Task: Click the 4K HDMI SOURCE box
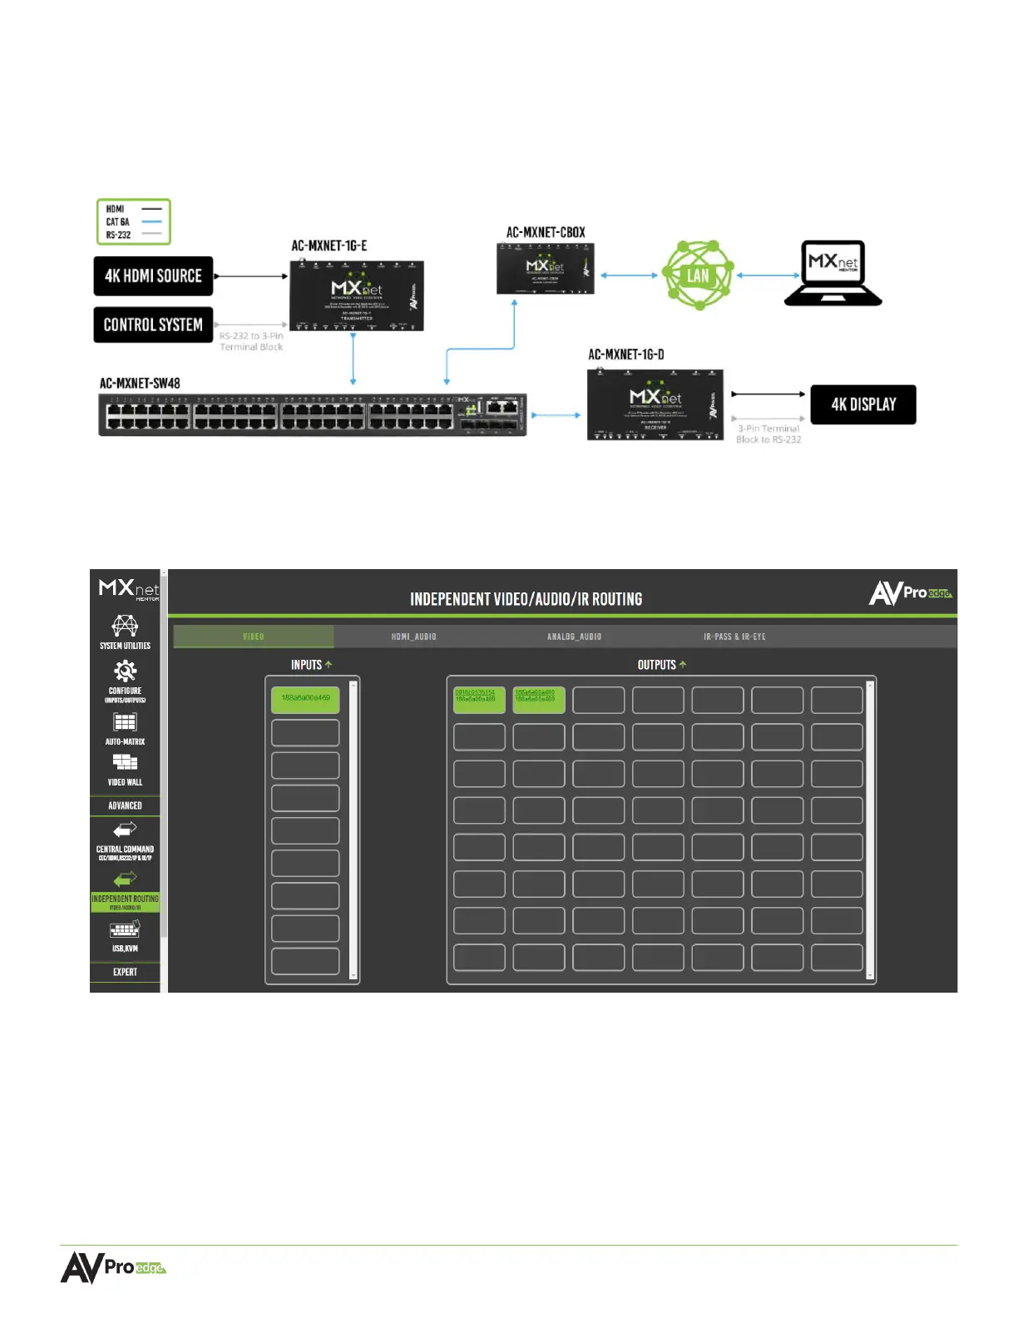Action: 153,276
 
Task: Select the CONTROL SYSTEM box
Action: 153,325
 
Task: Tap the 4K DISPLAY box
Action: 863,404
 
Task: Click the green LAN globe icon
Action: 697,275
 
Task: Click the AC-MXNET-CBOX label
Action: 546,232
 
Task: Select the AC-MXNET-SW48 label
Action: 140,384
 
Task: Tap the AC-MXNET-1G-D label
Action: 626,354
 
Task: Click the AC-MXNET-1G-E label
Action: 329,245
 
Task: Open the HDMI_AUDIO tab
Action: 413,637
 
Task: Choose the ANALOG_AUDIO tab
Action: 574,637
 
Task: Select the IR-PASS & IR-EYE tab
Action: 734,637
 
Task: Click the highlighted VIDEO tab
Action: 254,637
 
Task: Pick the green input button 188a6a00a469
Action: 305,699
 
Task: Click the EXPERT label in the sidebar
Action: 125,972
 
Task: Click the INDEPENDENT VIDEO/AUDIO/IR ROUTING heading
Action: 526,599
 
